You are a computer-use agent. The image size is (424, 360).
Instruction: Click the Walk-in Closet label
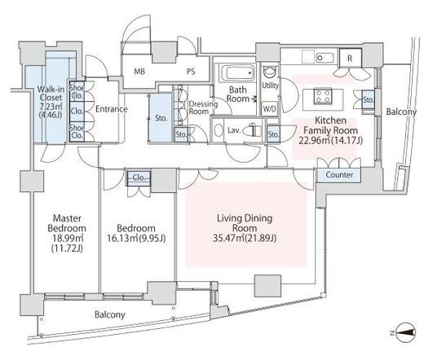[51, 93]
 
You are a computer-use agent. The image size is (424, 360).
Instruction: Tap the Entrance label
[112, 109]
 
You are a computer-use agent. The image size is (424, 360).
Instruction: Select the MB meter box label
[139, 72]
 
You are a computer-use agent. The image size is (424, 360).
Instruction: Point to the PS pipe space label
[191, 72]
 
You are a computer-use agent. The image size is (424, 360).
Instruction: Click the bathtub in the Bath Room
[238, 72]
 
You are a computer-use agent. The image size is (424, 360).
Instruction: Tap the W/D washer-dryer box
[270, 109]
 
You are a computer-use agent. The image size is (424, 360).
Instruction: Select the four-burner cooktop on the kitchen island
[323, 96]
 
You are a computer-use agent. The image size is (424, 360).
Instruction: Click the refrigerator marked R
[350, 58]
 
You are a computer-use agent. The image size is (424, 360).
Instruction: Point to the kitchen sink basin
[325, 58]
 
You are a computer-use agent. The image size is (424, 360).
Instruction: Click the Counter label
[339, 175]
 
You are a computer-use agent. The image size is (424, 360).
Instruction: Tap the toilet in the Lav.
[252, 130]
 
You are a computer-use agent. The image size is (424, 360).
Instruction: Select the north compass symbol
[405, 332]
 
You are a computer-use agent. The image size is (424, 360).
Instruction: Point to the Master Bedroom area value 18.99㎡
[68, 238]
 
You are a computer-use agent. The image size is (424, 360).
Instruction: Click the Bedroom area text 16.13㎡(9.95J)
[136, 239]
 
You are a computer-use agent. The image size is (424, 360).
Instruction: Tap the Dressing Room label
[203, 108]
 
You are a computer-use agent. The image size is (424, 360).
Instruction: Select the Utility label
[270, 86]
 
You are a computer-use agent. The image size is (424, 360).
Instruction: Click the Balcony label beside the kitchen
[401, 112]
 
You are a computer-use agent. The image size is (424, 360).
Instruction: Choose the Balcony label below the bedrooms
[110, 314]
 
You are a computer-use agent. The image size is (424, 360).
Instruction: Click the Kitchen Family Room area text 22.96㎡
[314, 140]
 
